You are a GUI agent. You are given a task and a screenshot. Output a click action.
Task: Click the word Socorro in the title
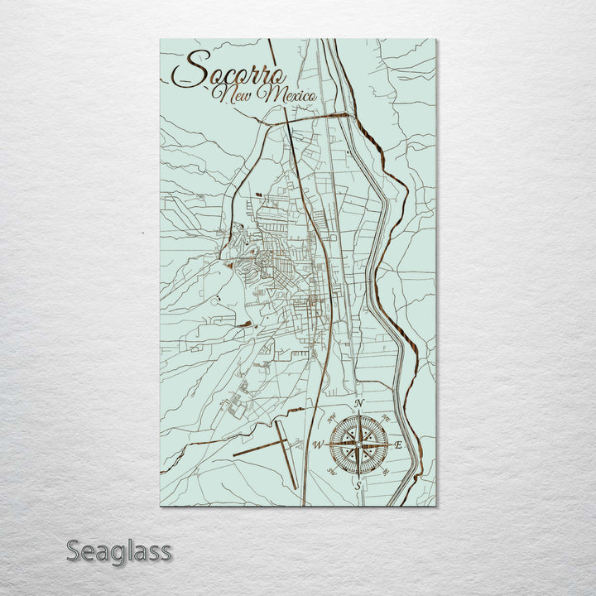[x=232, y=70]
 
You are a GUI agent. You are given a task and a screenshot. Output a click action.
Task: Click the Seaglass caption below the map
[x=119, y=550]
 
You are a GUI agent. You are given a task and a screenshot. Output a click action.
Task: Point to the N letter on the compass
[x=358, y=404]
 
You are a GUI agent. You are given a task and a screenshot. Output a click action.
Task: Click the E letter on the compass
[x=398, y=445]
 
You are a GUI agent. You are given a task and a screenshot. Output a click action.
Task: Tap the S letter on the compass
[x=358, y=487]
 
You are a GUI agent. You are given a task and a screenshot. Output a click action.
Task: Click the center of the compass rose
[x=358, y=445]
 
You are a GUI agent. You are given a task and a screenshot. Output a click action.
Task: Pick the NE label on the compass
[x=386, y=418]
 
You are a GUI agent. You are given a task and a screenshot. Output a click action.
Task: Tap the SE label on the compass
[x=386, y=473]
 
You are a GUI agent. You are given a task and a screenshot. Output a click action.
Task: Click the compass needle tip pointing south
[x=358, y=478]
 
